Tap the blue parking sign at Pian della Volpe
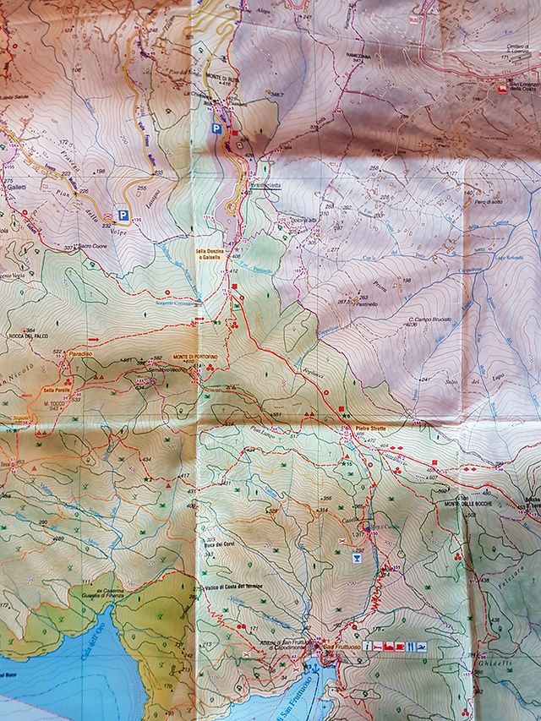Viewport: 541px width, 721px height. (123, 216)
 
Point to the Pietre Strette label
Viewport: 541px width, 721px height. (358, 429)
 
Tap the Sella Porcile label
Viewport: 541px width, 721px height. (57, 390)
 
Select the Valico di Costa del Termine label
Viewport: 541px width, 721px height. (233, 587)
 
